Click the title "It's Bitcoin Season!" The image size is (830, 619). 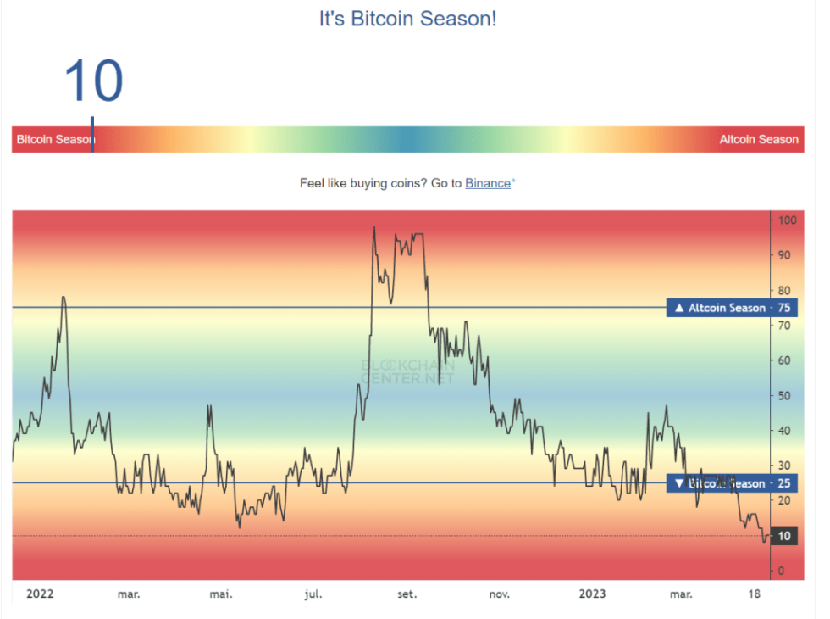coord(407,19)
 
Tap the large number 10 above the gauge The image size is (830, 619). coord(93,81)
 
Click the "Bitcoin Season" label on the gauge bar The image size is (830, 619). coord(55,139)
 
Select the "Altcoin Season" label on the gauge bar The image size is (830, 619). coord(758,139)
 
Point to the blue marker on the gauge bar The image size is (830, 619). coord(92,136)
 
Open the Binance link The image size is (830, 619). coord(488,183)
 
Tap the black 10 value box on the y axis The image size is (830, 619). coord(783,536)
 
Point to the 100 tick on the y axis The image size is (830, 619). coord(787,220)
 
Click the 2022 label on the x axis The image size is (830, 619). coord(40,594)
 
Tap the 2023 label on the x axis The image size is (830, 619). coord(592,594)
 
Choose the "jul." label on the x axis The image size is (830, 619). coord(313,594)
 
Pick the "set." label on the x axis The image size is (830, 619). coord(407,594)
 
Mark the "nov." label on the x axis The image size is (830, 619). coord(500,594)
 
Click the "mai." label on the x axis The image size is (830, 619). coord(221,594)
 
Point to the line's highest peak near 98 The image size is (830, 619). coord(373,227)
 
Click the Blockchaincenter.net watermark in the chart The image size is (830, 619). coord(408,371)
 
